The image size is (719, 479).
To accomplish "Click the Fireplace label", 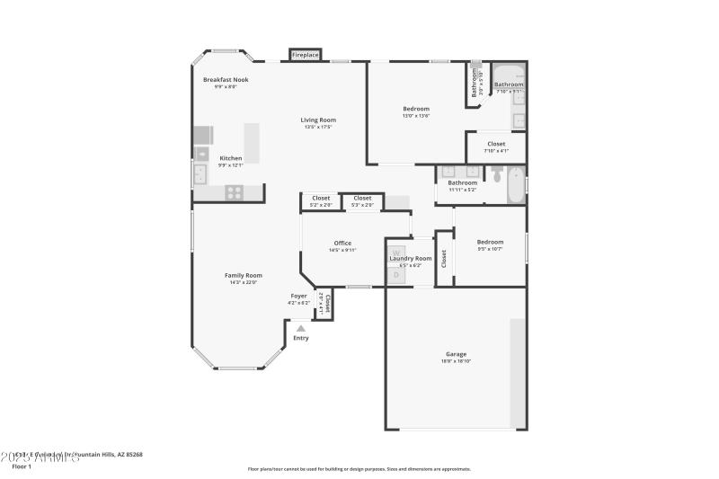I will [x=306, y=56].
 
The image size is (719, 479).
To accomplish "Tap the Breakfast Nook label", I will [x=226, y=80].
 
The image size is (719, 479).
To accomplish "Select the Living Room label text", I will [x=318, y=120].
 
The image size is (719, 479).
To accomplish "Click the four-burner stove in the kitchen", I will [x=233, y=191].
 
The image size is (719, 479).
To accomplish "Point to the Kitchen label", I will [x=231, y=158].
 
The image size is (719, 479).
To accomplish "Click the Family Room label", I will [x=243, y=275].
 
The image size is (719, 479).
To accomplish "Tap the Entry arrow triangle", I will [x=300, y=329].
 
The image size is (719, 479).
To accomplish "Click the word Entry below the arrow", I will [x=300, y=338].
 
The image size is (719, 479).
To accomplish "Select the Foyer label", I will [x=298, y=296].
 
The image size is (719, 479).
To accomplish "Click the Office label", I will [x=342, y=243].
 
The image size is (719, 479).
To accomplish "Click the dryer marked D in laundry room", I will [x=396, y=275].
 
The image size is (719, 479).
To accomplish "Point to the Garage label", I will [x=456, y=354].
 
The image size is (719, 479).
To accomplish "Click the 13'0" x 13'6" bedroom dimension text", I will [x=415, y=116].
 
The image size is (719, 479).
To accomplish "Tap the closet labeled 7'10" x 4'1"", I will [x=496, y=146].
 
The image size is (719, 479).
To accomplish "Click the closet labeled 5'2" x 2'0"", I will [x=321, y=201].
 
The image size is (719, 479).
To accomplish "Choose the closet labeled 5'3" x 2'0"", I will [x=362, y=201].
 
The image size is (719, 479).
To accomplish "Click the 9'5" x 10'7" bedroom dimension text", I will [x=490, y=249].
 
